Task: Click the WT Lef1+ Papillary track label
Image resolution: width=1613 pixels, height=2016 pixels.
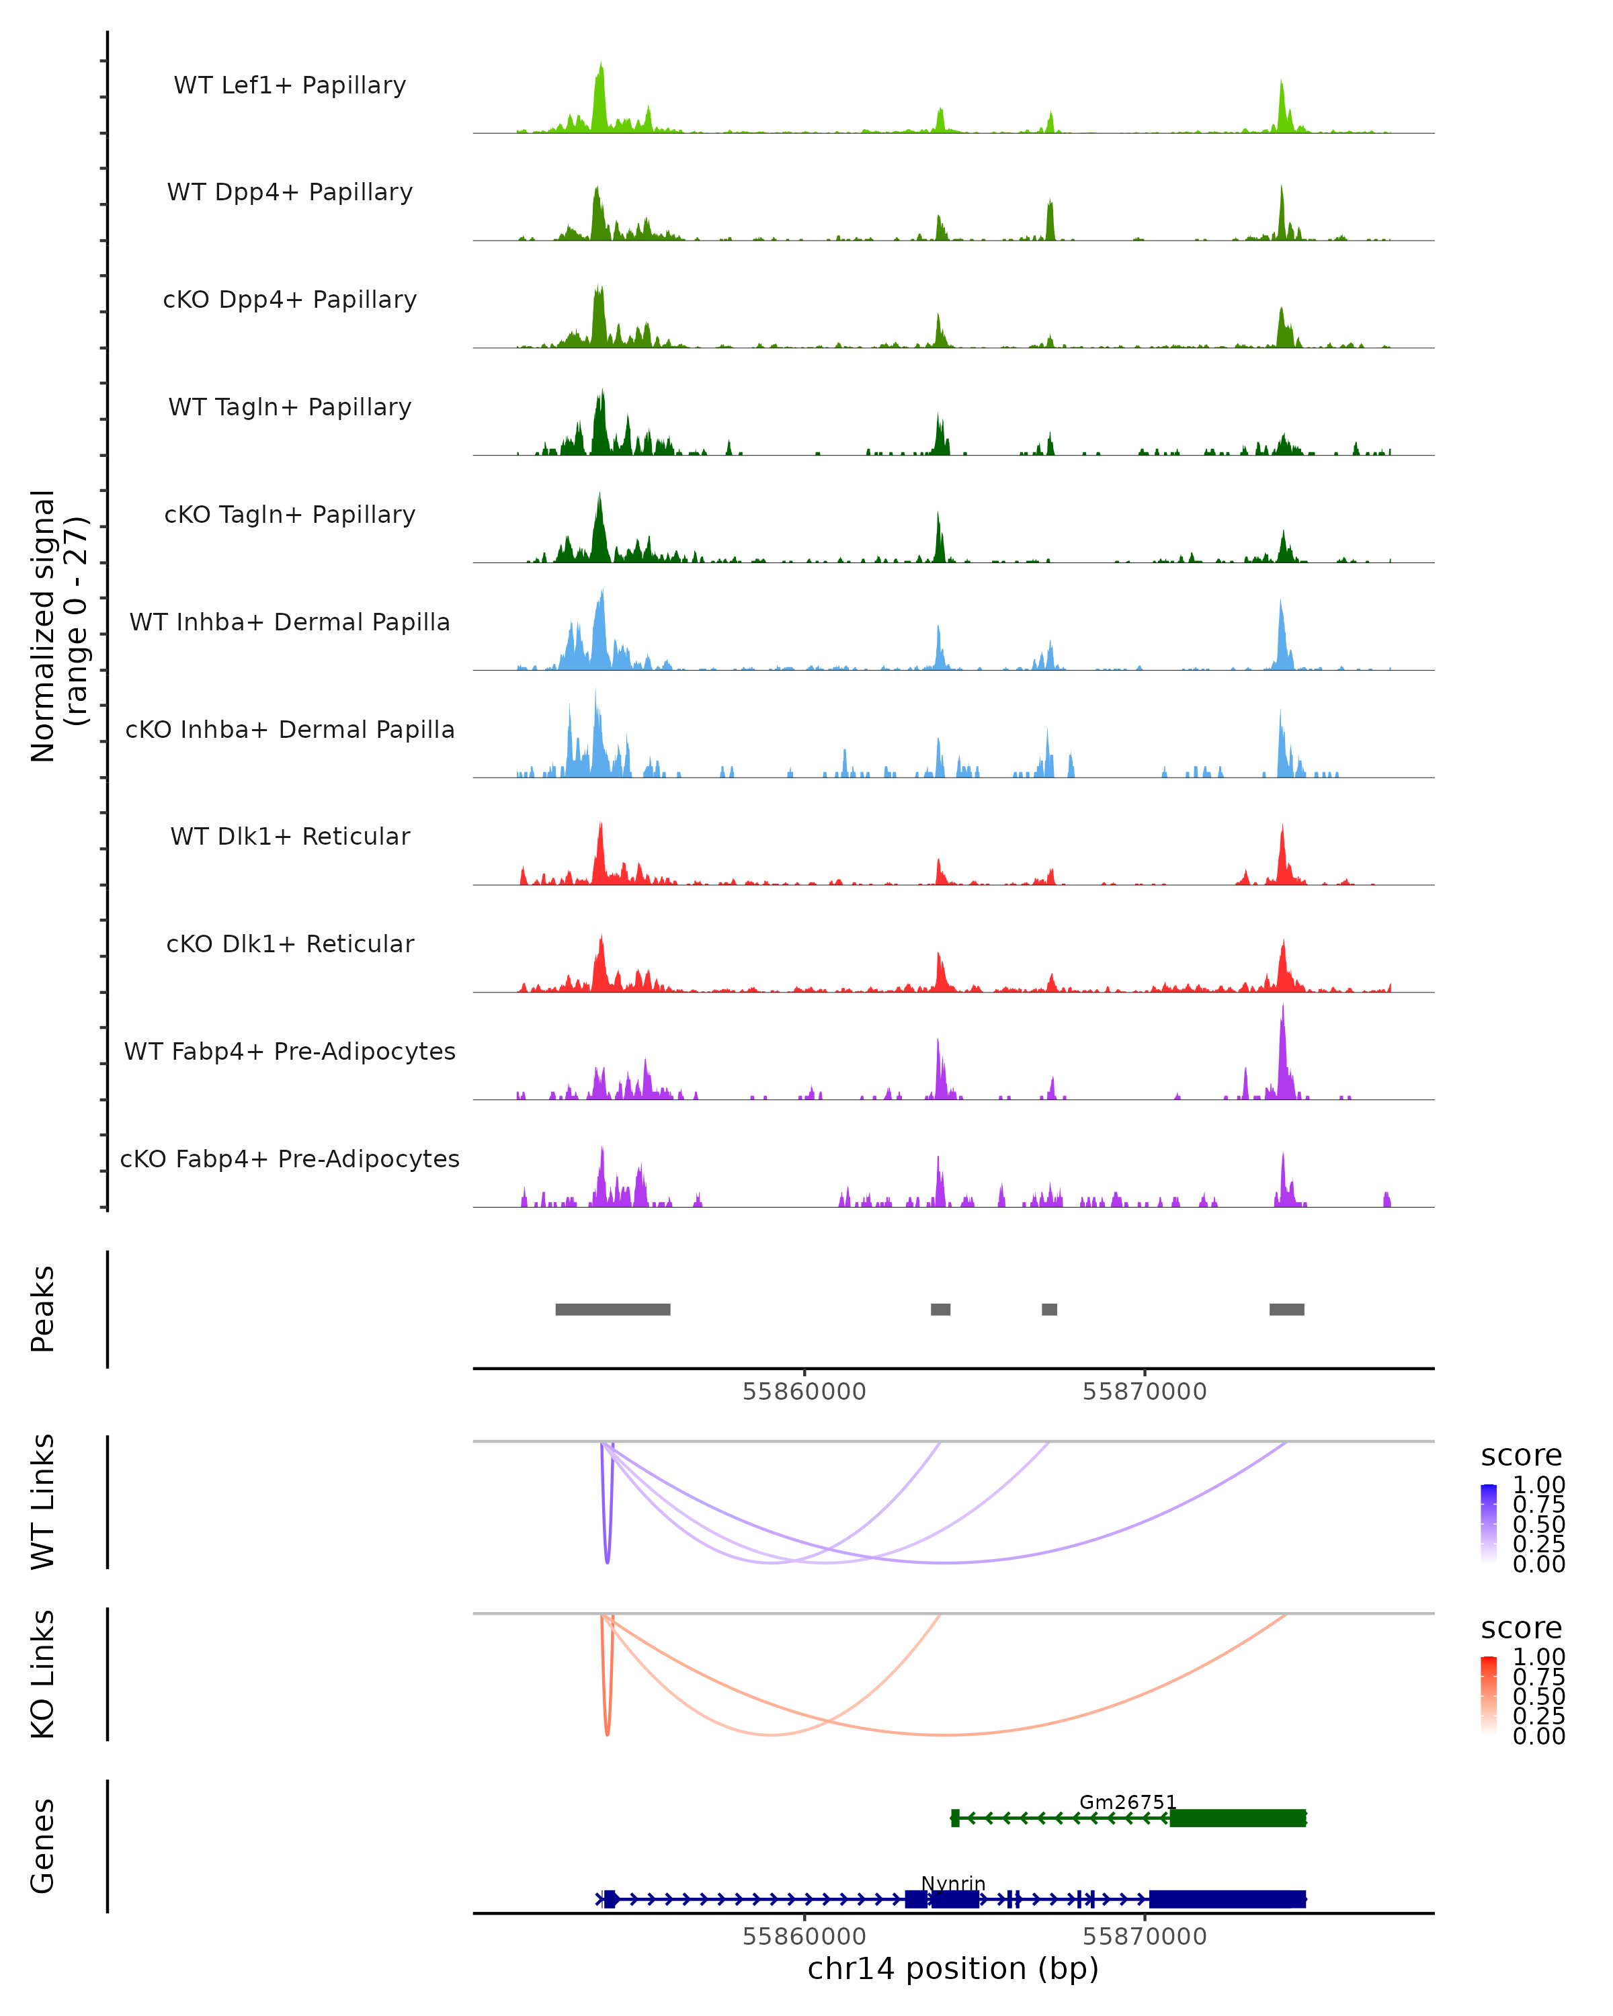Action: tap(290, 85)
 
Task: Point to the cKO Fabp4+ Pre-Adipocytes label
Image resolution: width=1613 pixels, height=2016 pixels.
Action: tap(290, 1159)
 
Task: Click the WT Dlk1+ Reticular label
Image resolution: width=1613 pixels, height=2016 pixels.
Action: tap(290, 836)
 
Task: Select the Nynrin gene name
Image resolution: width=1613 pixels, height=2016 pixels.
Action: tap(953, 1883)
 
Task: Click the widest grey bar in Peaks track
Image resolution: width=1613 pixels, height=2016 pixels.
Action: tap(612, 1309)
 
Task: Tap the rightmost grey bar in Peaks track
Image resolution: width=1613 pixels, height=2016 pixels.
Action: tap(1286, 1309)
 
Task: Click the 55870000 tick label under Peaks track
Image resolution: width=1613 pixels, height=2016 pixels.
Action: tap(1144, 1392)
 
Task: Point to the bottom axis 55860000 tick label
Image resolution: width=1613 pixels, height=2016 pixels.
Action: tap(804, 1937)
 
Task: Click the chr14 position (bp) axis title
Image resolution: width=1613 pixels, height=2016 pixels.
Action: tap(953, 1969)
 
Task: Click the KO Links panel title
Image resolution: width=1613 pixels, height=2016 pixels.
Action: tap(43, 1675)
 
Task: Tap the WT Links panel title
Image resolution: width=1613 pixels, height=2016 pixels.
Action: tap(43, 1502)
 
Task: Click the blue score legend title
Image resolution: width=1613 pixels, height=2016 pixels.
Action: tap(1520, 1456)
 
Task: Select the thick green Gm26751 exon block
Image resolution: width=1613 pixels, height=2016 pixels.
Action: tap(1237, 1818)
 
